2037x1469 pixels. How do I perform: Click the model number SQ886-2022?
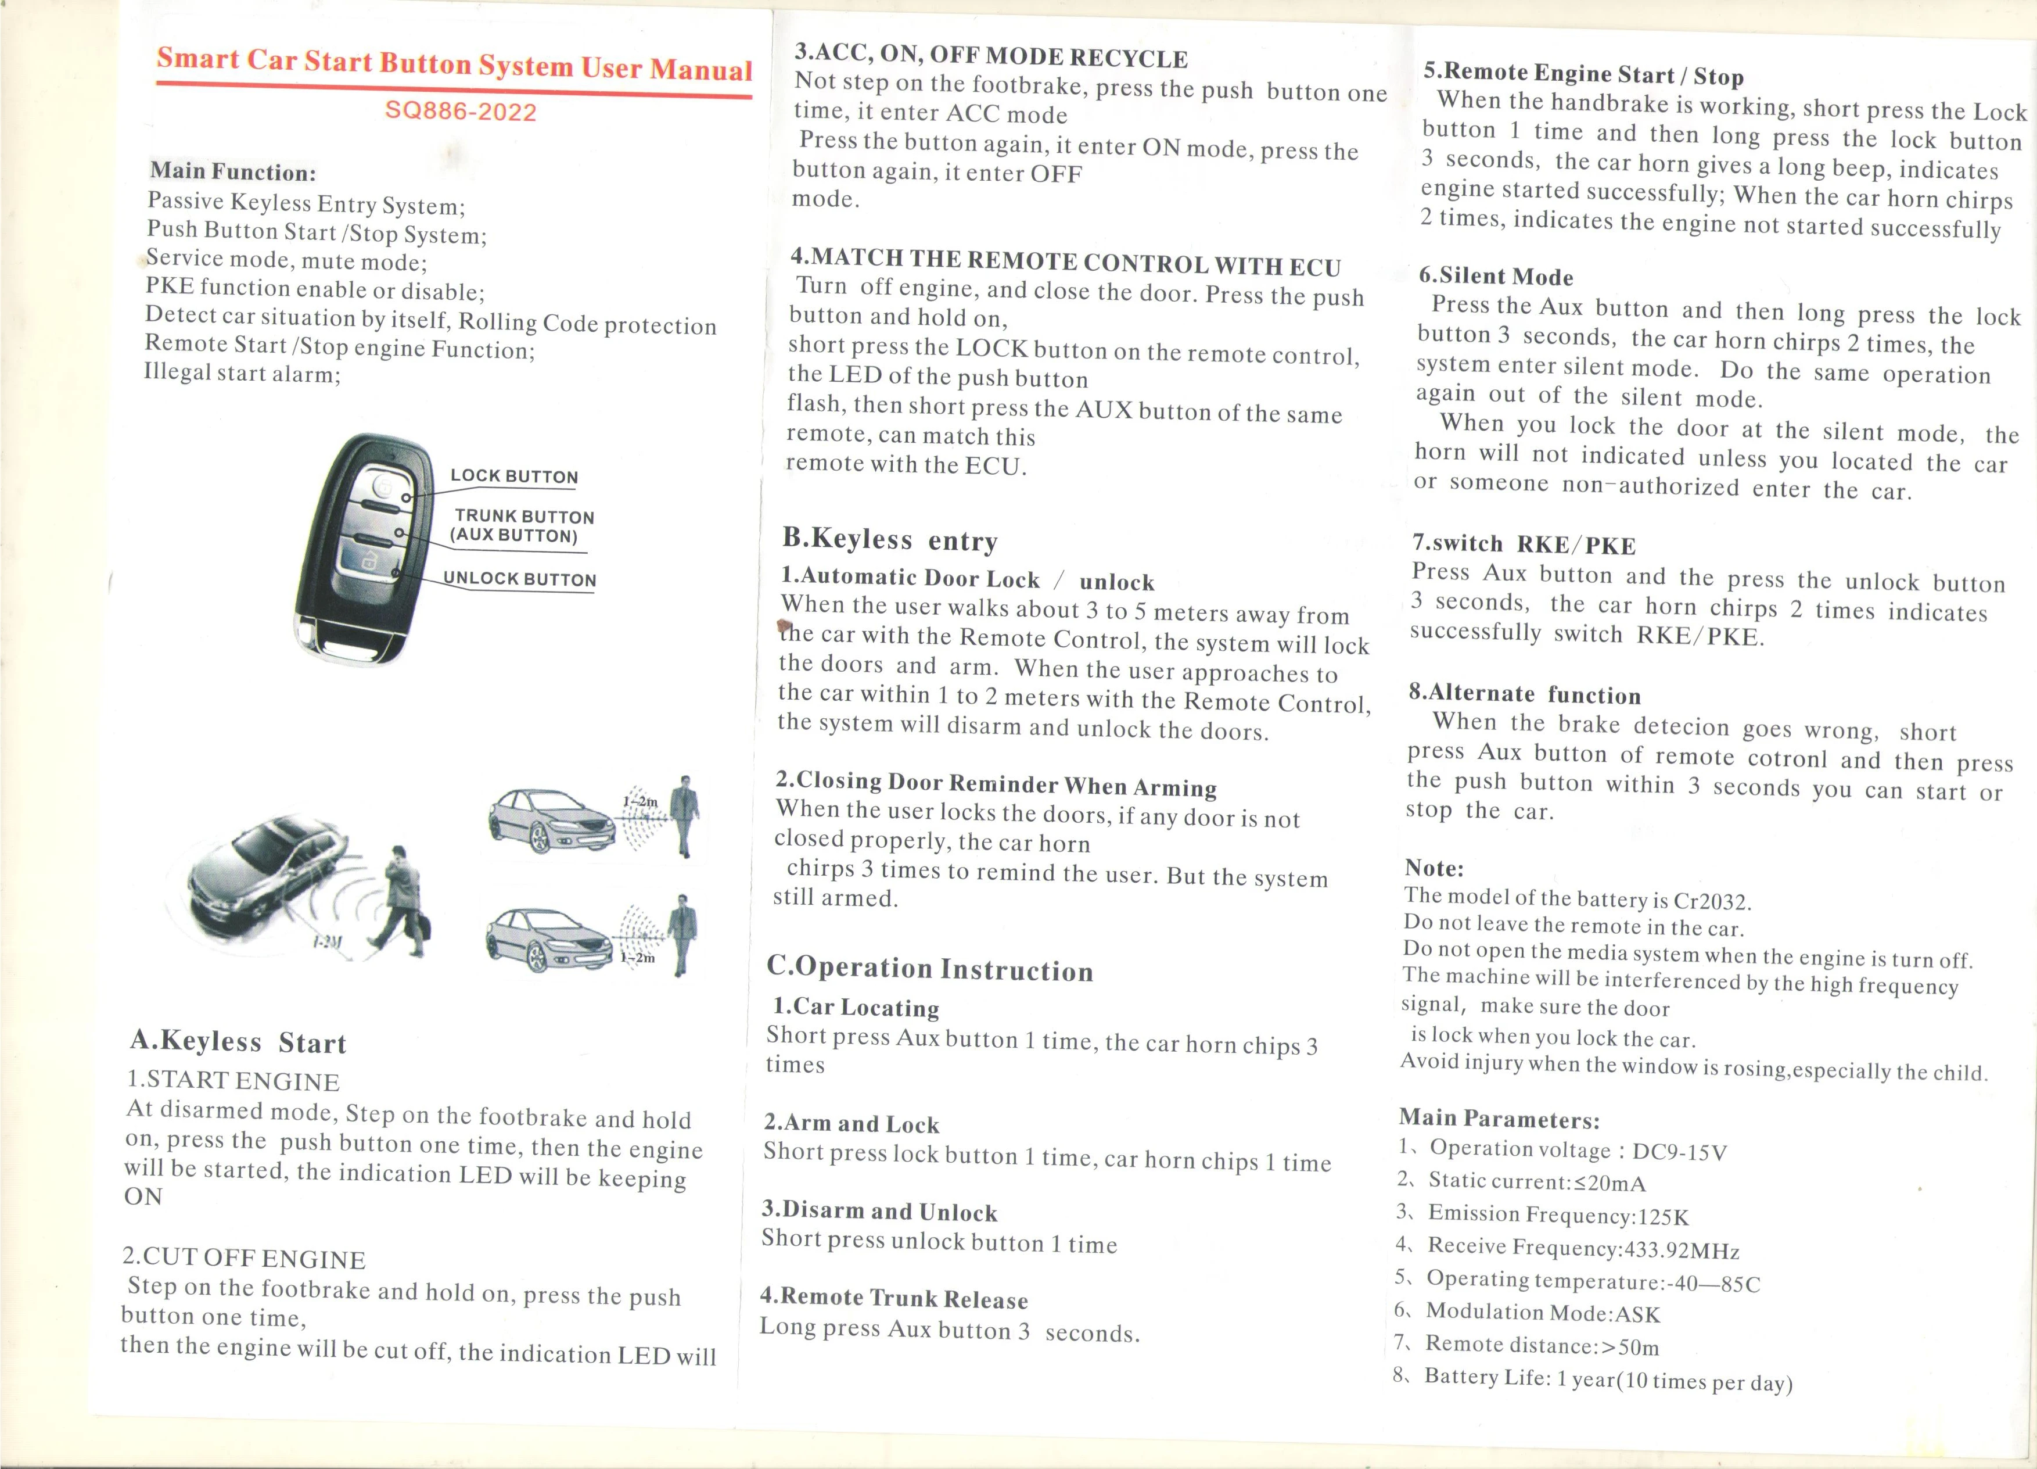coord(460,112)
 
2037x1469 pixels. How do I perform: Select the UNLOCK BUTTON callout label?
coord(519,579)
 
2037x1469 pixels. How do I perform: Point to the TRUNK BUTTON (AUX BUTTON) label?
coord(521,526)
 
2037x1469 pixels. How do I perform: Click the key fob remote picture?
coord(360,548)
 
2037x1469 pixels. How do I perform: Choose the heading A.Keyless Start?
coord(238,1041)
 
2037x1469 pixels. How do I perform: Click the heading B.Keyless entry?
coord(889,539)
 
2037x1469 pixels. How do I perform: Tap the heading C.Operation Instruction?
coord(929,968)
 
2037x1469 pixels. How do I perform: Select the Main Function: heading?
coord(232,171)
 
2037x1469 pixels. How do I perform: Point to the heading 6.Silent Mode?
coord(1496,276)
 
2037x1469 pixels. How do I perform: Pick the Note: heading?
coord(1434,868)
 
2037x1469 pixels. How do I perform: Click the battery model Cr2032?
coord(1712,901)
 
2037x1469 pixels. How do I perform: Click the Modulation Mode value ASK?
coord(1637,1314)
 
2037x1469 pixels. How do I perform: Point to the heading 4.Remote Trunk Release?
coord(894,1298)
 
